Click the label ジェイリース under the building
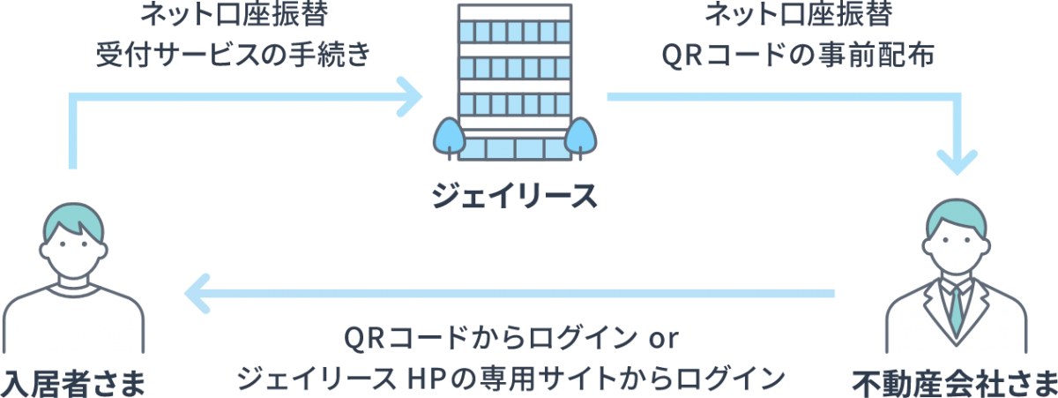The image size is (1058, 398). pyautogui.click(x=513, y=194)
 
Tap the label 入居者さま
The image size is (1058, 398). pyautogui.click(x=72, y=382)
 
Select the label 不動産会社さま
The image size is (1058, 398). pyautogui.click(x=954, y=382)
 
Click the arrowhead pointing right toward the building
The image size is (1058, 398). pyautogui.click(x=411, y=97)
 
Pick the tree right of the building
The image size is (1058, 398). pyautogui.click(x=579, y=138)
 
